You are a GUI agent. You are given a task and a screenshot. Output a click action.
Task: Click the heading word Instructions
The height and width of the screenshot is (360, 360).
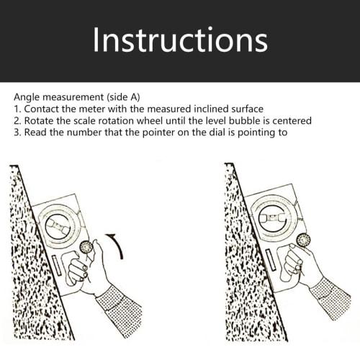179,41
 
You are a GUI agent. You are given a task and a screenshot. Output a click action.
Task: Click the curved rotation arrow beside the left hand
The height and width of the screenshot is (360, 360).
117,245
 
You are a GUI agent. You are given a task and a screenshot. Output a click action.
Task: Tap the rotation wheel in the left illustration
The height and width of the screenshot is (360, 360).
88,247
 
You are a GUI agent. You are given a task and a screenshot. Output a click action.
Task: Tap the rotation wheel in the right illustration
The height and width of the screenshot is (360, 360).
303,240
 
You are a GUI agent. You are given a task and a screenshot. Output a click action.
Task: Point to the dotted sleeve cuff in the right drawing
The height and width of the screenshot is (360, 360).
330,295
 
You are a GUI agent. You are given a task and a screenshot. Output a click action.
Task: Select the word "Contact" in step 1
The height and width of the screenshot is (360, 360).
42,108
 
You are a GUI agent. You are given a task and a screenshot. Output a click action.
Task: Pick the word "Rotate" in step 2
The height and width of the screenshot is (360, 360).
41,120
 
